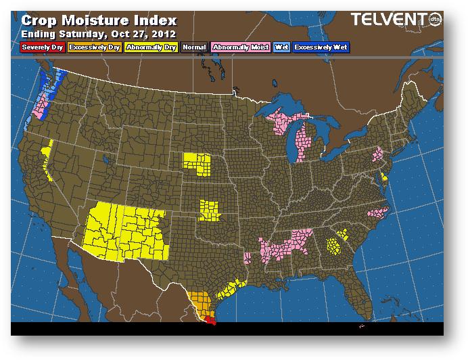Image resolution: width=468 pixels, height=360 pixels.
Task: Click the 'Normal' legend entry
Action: coord(194,47)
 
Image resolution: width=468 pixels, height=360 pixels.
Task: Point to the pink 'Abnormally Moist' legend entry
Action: coord(240,47)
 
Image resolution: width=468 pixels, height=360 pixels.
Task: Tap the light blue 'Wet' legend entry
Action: coord(281,47)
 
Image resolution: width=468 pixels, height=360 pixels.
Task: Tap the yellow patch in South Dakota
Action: coord(197,162)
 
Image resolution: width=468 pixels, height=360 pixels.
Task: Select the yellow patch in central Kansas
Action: coord(210,210)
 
